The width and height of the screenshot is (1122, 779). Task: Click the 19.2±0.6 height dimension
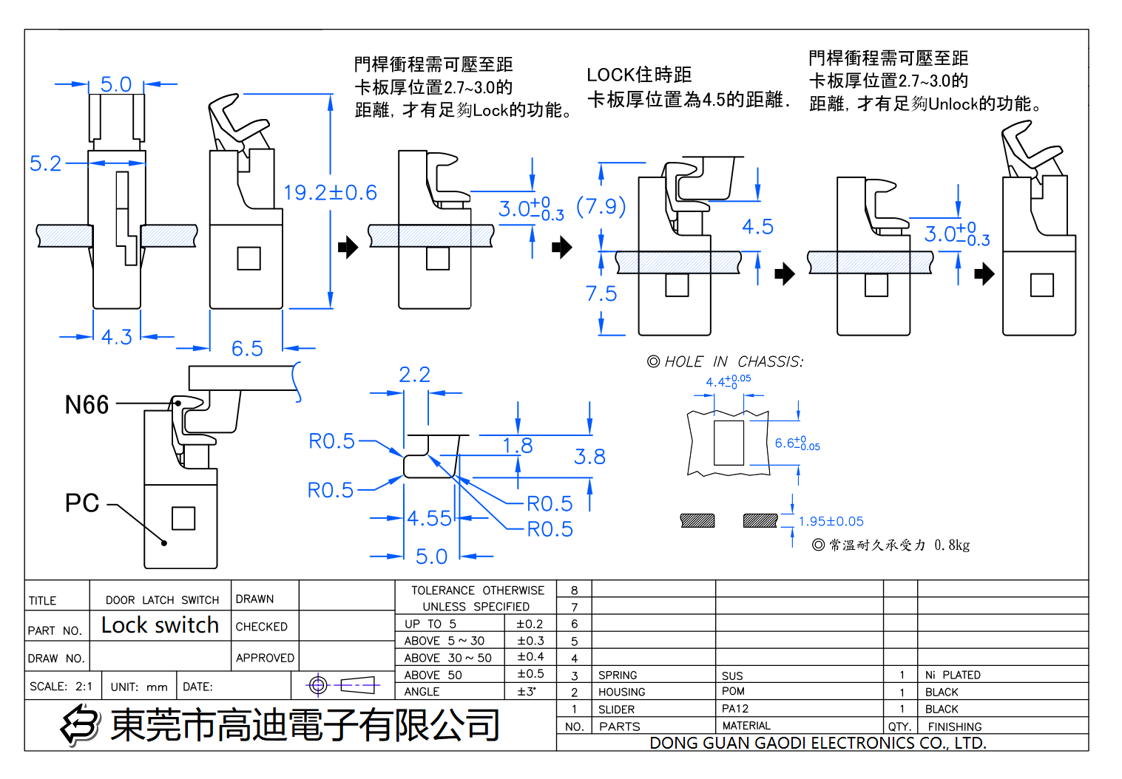(x=330, y=193)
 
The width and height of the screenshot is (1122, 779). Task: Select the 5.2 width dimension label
(x=45, y=163)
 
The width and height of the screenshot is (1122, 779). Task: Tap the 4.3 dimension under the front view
(x=116, y=337)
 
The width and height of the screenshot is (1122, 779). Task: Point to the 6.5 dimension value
(x=247, y=348)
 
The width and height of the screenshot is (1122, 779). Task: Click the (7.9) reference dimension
(x=601, y=206)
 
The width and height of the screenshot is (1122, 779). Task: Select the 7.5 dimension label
(x=601, y=294)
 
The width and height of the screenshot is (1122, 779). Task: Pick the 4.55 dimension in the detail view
(x=429, y=518)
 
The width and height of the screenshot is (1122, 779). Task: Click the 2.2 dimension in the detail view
(x=414, y=375)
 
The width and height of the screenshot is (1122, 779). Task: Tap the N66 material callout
(x=87, y=405)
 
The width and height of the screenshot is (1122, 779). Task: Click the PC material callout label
(x=82, y=503)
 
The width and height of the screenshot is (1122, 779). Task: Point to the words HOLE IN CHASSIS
(x=733, y=361)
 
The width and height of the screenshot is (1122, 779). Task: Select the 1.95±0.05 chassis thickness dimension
(x=831, y=521)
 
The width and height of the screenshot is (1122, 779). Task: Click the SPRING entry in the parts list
(x=618, y=675)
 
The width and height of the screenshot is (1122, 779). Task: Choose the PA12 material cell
(x=735, y=709)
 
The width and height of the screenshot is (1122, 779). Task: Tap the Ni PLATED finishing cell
(x=953, y=675)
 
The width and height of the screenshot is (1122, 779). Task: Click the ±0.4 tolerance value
(x=530, y=657)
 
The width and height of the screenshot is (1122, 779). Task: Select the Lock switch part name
(x=160, y=625)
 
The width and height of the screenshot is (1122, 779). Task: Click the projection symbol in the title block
(x=343, y=686)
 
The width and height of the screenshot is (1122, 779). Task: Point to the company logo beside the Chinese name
(x=80, y=724)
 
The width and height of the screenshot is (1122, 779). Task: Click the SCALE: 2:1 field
(x=61, y=687)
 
